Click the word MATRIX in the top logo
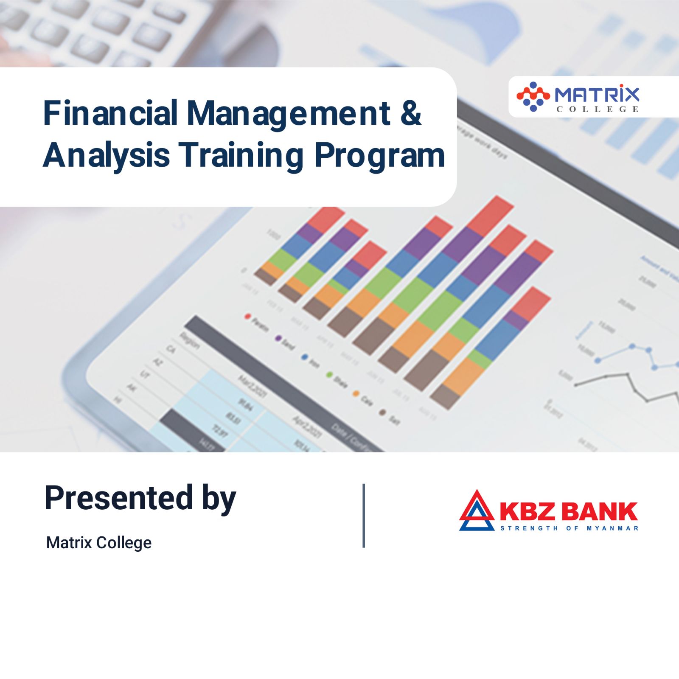[597, 94]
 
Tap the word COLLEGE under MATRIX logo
[598, 109]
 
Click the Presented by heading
[140, 498]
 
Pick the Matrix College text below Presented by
[98, 543]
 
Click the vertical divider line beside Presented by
[364, 515]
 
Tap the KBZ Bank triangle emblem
[477, 511]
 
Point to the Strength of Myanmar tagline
[570, 528]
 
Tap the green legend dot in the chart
[329, 375]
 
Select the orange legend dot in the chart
[356, 394]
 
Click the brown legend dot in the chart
[382, 412]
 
